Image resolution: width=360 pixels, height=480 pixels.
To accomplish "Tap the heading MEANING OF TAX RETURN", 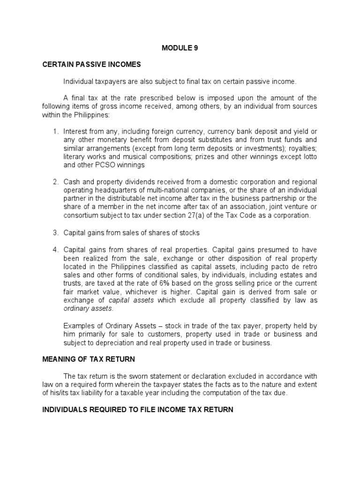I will [x=89, y=360].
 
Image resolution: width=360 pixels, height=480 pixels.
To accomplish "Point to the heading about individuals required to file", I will [x=138, y=410].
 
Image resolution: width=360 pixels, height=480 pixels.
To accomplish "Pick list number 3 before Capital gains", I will [x=55, y=232].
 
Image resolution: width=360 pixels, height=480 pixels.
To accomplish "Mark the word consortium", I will [x=82, y=216].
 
